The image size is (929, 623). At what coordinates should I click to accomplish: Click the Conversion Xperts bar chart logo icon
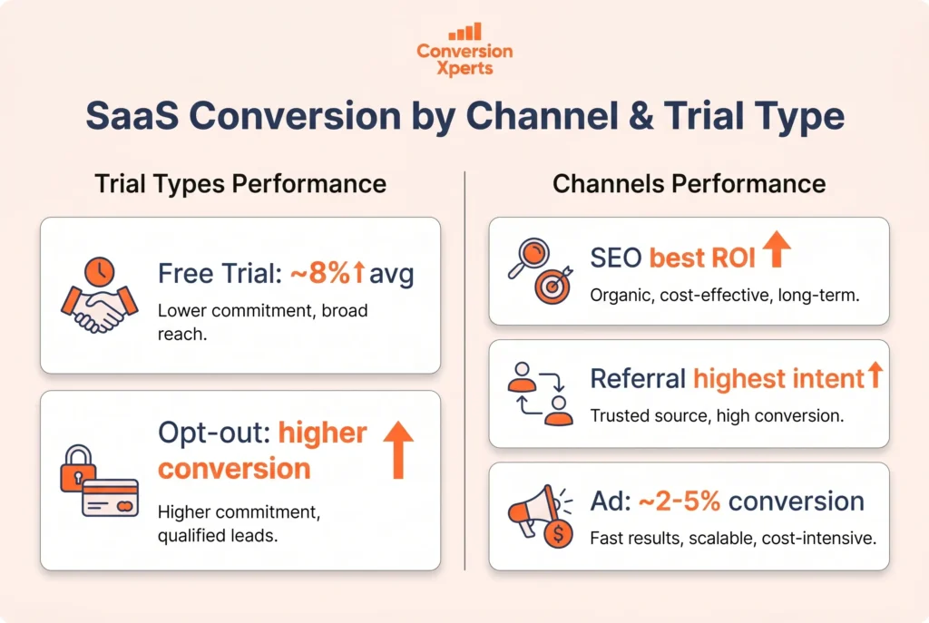[464, 32]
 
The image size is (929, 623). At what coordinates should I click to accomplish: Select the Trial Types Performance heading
[240, 184]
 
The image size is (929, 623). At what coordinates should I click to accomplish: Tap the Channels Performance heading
[689, 184]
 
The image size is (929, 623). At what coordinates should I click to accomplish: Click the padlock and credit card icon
[96, 480]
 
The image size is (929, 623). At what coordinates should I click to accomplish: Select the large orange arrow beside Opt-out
[397, 451]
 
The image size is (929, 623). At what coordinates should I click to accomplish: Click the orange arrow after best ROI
[775, 250]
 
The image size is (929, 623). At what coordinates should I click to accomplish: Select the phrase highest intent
[778, 378]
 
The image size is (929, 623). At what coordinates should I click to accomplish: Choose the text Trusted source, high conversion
[717, 416]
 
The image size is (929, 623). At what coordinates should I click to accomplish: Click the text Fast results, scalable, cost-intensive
[733, 539]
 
